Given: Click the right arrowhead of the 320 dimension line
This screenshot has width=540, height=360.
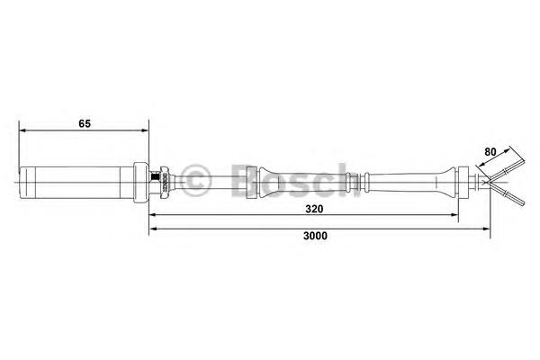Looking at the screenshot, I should click(x=454, y=215).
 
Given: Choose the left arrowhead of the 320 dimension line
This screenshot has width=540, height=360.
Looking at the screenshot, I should click(x=153, y=215).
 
